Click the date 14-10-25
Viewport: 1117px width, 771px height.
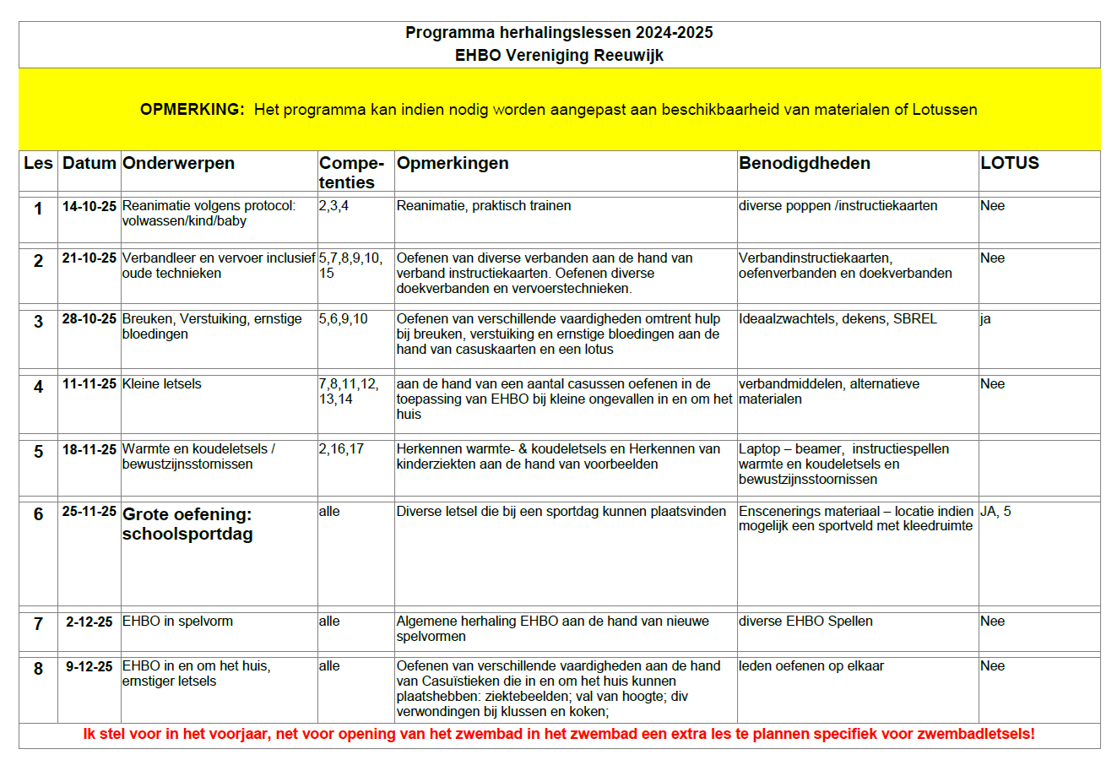(89, 206)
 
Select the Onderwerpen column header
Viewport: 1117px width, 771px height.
(178, 163)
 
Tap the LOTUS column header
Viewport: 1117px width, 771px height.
(1009, 163)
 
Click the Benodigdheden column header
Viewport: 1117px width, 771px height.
(804, 163)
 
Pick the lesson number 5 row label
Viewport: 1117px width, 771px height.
(38, 452)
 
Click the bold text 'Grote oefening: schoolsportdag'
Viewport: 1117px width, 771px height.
(187, 524)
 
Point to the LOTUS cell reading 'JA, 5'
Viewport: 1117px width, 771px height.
(995, 511)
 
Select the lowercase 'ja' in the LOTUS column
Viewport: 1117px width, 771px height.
(985, 319)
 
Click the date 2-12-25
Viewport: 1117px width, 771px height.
(89, 622)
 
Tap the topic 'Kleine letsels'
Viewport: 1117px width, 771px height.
(161, 384)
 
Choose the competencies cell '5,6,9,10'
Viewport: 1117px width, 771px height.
(343, 319)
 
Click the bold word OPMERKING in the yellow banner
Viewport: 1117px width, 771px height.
(192, 110)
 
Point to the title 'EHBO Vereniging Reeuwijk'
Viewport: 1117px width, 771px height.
(559, 56)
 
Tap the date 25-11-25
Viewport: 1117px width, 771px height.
(89, 512)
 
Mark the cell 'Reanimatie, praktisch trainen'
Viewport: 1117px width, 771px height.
(483, 206)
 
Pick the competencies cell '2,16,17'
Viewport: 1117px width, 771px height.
(341, 449)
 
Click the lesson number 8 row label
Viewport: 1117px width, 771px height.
(38, 669)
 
